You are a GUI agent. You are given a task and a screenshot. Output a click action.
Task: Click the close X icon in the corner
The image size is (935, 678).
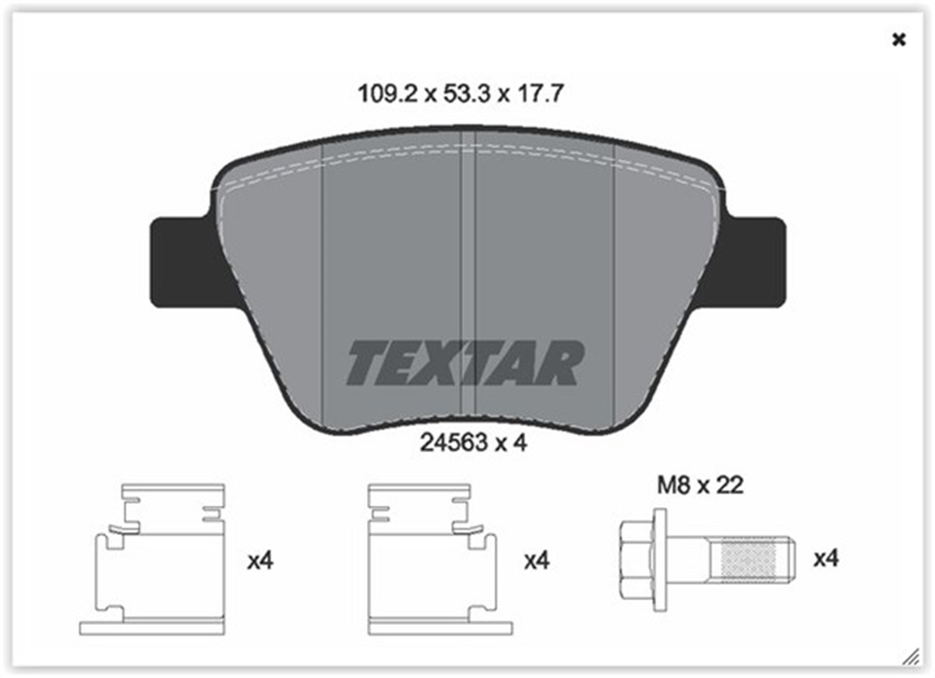click(898, 40)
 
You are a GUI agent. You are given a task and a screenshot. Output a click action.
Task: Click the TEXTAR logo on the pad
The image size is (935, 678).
click(465, 362)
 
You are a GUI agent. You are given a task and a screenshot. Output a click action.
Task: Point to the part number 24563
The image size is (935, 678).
click(452, 443)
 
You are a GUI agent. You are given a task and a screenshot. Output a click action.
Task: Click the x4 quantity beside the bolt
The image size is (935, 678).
click(826, 559)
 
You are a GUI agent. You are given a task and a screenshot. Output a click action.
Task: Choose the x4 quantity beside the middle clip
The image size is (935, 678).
click(537, 560)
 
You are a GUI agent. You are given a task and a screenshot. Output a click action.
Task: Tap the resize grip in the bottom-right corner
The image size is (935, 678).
click(909, 656)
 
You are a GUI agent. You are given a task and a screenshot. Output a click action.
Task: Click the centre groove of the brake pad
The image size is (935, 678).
click(468, 281)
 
